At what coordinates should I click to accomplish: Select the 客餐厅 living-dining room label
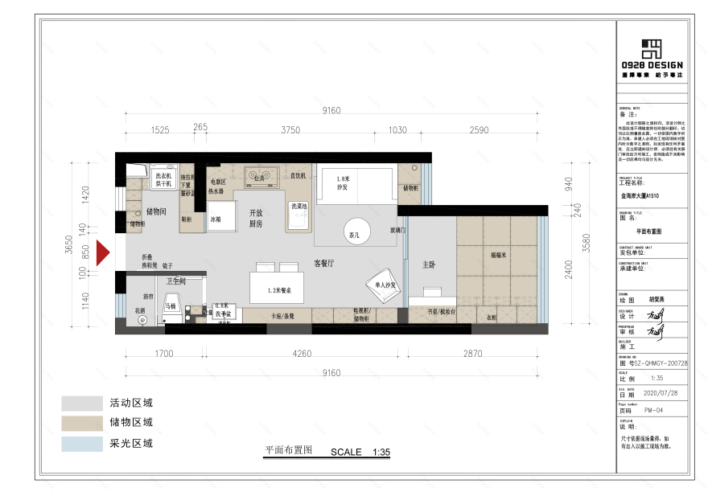323,263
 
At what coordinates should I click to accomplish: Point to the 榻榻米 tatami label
497,254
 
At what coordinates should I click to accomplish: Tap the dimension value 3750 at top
290,130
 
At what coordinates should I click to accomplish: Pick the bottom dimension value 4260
302,353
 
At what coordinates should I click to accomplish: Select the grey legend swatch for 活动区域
79,403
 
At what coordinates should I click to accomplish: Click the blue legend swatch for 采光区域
79,443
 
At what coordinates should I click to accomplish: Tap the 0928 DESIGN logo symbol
652,47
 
